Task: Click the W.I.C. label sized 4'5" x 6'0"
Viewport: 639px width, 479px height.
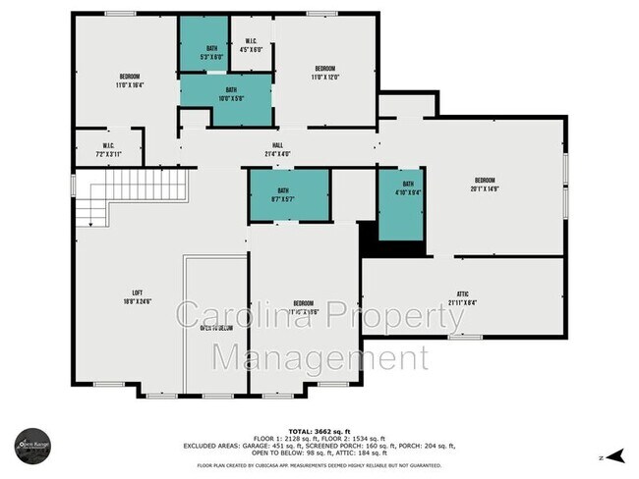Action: click(253, 45)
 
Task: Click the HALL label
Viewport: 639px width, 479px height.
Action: click(278, 150)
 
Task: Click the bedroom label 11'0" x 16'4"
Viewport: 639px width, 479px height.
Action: click(130, 80)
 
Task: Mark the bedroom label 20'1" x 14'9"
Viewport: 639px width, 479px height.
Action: click(485, 184)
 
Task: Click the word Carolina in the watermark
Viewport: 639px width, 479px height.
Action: click(240, 317)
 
